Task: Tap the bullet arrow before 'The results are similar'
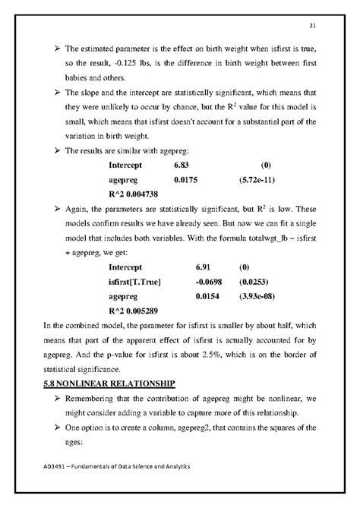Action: coord(49,150)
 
